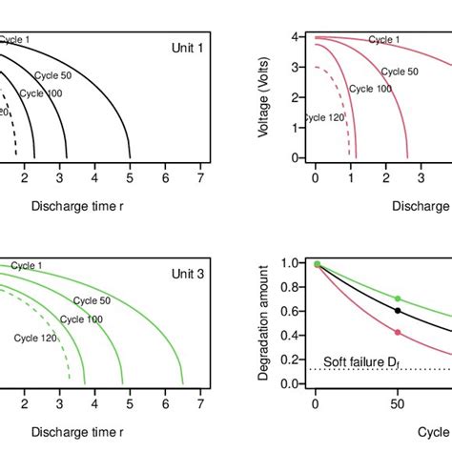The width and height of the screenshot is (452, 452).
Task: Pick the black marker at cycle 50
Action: click(399, 311)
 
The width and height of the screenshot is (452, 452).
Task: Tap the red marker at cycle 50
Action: click(399, 332)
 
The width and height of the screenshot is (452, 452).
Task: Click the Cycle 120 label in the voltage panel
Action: click(324, 118)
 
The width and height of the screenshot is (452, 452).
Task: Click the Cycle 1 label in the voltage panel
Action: click(383, 40)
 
